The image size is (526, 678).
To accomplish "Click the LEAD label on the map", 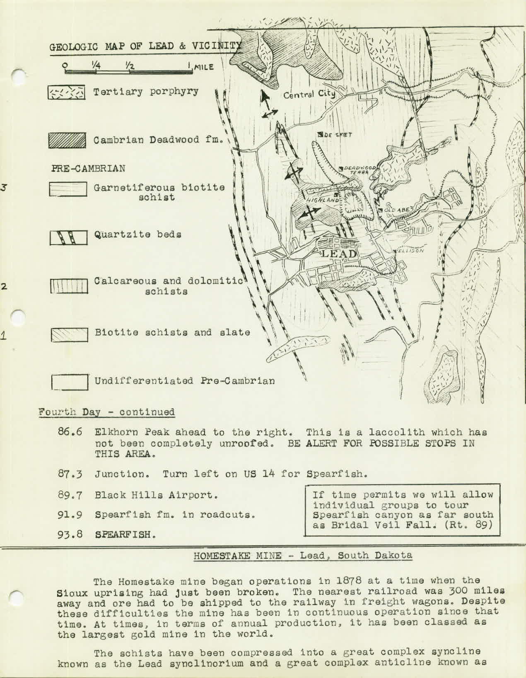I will [x=339, y=254].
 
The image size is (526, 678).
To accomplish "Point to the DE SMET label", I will [x=335, y=135].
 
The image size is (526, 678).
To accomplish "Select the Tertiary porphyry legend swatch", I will [x=67, y=92].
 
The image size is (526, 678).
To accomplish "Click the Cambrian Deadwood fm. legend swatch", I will [x=67, y=140].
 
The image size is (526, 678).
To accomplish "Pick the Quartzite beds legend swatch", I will [x=69, y=237].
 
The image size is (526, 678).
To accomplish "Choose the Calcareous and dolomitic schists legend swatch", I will [x=69, y=286].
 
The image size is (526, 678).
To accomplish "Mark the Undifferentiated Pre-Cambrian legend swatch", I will [x=69, y=382].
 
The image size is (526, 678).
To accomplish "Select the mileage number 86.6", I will [x=70, y=432].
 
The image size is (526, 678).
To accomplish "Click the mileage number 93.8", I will [x=70, y=535].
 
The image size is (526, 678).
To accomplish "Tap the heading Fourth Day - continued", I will [x=106, y=412].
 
